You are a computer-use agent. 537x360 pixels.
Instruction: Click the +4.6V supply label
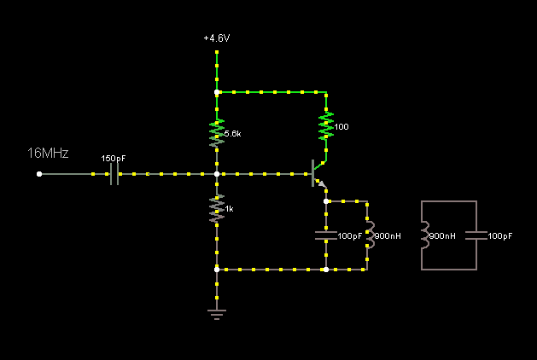point(217,39)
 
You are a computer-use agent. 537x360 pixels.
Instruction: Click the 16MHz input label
point(48,154)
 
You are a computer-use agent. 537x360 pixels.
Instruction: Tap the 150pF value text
point(114,159)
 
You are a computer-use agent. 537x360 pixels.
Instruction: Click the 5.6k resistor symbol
point(217,132)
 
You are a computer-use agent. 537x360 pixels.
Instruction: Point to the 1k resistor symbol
point(217,207)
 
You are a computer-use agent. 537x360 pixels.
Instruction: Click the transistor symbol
point(318,174)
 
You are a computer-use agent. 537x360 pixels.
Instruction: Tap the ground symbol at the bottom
point(217,313)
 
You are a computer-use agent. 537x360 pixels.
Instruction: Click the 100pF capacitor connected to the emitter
point(325,235)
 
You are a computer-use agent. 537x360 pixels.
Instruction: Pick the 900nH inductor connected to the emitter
point(368,235)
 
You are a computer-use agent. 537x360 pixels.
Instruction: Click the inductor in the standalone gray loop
point(423,235)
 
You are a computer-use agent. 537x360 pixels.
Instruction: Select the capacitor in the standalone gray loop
point(476,235)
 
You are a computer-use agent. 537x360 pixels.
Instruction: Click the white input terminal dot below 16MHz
point(39,174)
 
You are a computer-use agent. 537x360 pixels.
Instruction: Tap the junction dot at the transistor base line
point(217,174)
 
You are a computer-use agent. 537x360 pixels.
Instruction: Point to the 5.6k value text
point(232,135)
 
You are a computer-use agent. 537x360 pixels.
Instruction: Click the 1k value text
point(229,209)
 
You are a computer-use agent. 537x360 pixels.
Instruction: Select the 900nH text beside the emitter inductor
point(388,236)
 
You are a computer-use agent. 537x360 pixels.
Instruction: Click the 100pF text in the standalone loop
point(500,236)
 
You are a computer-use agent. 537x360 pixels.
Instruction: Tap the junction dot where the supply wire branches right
point(217,91)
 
